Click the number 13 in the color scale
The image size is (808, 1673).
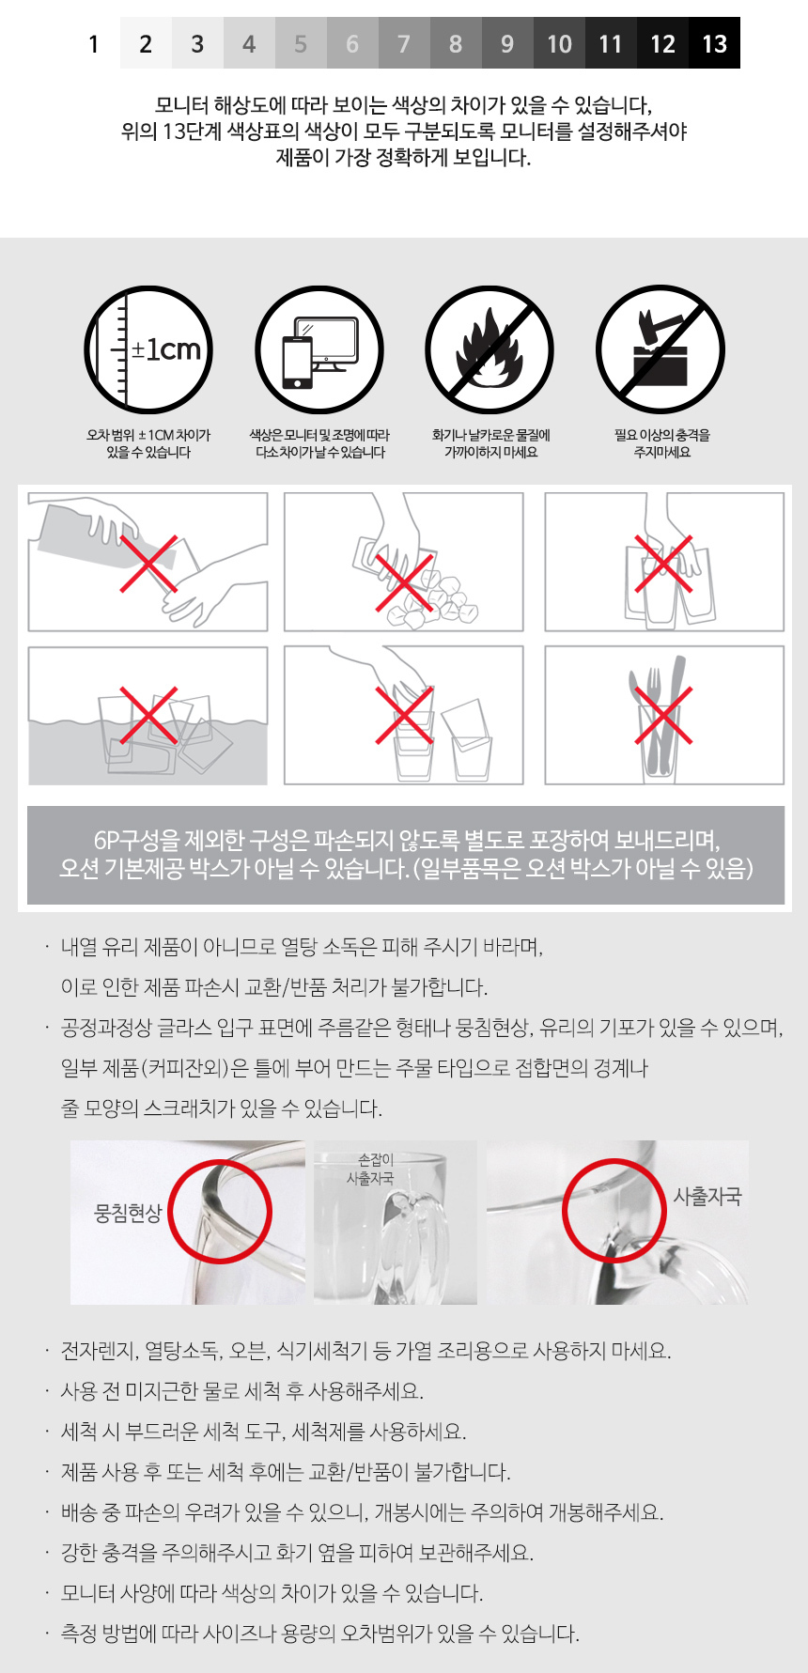point(714,43)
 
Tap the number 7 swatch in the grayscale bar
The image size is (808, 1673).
point(404,43)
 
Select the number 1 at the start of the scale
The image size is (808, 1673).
point(94,43)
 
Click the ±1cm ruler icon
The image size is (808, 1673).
point(148,349)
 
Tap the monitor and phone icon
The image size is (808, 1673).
point(319,349)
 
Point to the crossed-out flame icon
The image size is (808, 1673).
point(489,349)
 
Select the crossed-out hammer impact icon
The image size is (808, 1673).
point(660,349)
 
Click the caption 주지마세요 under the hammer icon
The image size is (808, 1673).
point(661,452)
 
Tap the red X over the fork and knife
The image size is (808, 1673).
point(663,715)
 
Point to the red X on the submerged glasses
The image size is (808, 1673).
point(148,715)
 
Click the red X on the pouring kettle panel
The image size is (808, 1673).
point(148,564)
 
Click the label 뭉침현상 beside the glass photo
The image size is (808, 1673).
point(129,1213)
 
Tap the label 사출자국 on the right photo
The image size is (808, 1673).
point(707,1196)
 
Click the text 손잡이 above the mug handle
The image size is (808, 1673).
point(376,1160)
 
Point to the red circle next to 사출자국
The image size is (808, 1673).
point(614,1211)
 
